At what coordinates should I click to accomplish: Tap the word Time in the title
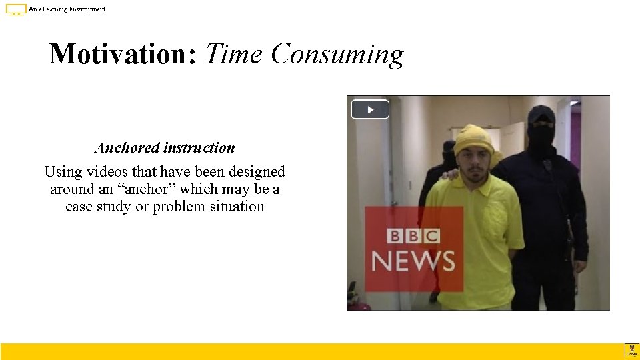[234, 54]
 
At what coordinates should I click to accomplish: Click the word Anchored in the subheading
[127, 148]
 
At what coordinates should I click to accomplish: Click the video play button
[370, 109]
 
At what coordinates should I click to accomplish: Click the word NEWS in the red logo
[413, 261]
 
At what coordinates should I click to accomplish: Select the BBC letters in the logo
[413, 236]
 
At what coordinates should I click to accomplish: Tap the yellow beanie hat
[474, 139]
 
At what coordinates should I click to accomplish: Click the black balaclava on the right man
[541, 131]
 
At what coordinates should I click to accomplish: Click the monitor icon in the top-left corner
[16, 9]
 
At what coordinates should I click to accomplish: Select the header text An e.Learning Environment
[67, 9]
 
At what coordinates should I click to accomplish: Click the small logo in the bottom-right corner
[631, 351]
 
